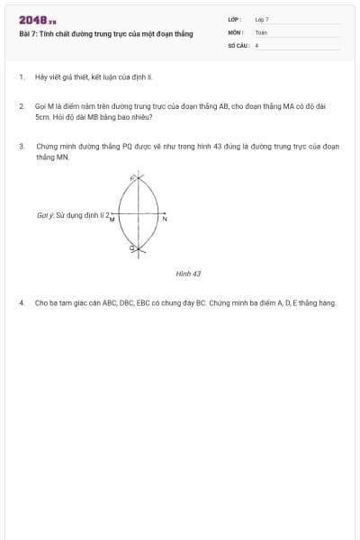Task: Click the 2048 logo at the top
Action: pyautogui.click(x=37, y=20)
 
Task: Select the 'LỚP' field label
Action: pyautogui.click(x=233, y=19)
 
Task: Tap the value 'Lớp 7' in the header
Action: pyautogui.click(x=262, y=19)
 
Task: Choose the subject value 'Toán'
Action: pyautogui.click(x=261, y=31)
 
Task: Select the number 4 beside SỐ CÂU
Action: pyautogui.click(x=257, y=44)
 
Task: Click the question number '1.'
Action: pyautogui.click(x=22, y=77)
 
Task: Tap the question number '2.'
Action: pyautogui.click(x=22, y=106)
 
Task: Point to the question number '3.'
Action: pyautogui.click(x=22, y=145)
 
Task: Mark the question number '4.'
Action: pyautogui.click(x=22, y=302)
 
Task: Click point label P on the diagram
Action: pyautogui.click(x=132, y=180)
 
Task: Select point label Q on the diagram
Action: pyautogui.click(x=132, y=247)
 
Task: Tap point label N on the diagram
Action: pyautogui.click(x=165, y=220)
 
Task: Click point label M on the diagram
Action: pyautogui.click(x=112, y=220)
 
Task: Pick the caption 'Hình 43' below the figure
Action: pyautogui.click(x=188, y=273)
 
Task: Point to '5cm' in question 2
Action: pyautogui.click(x=42, y=117)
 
